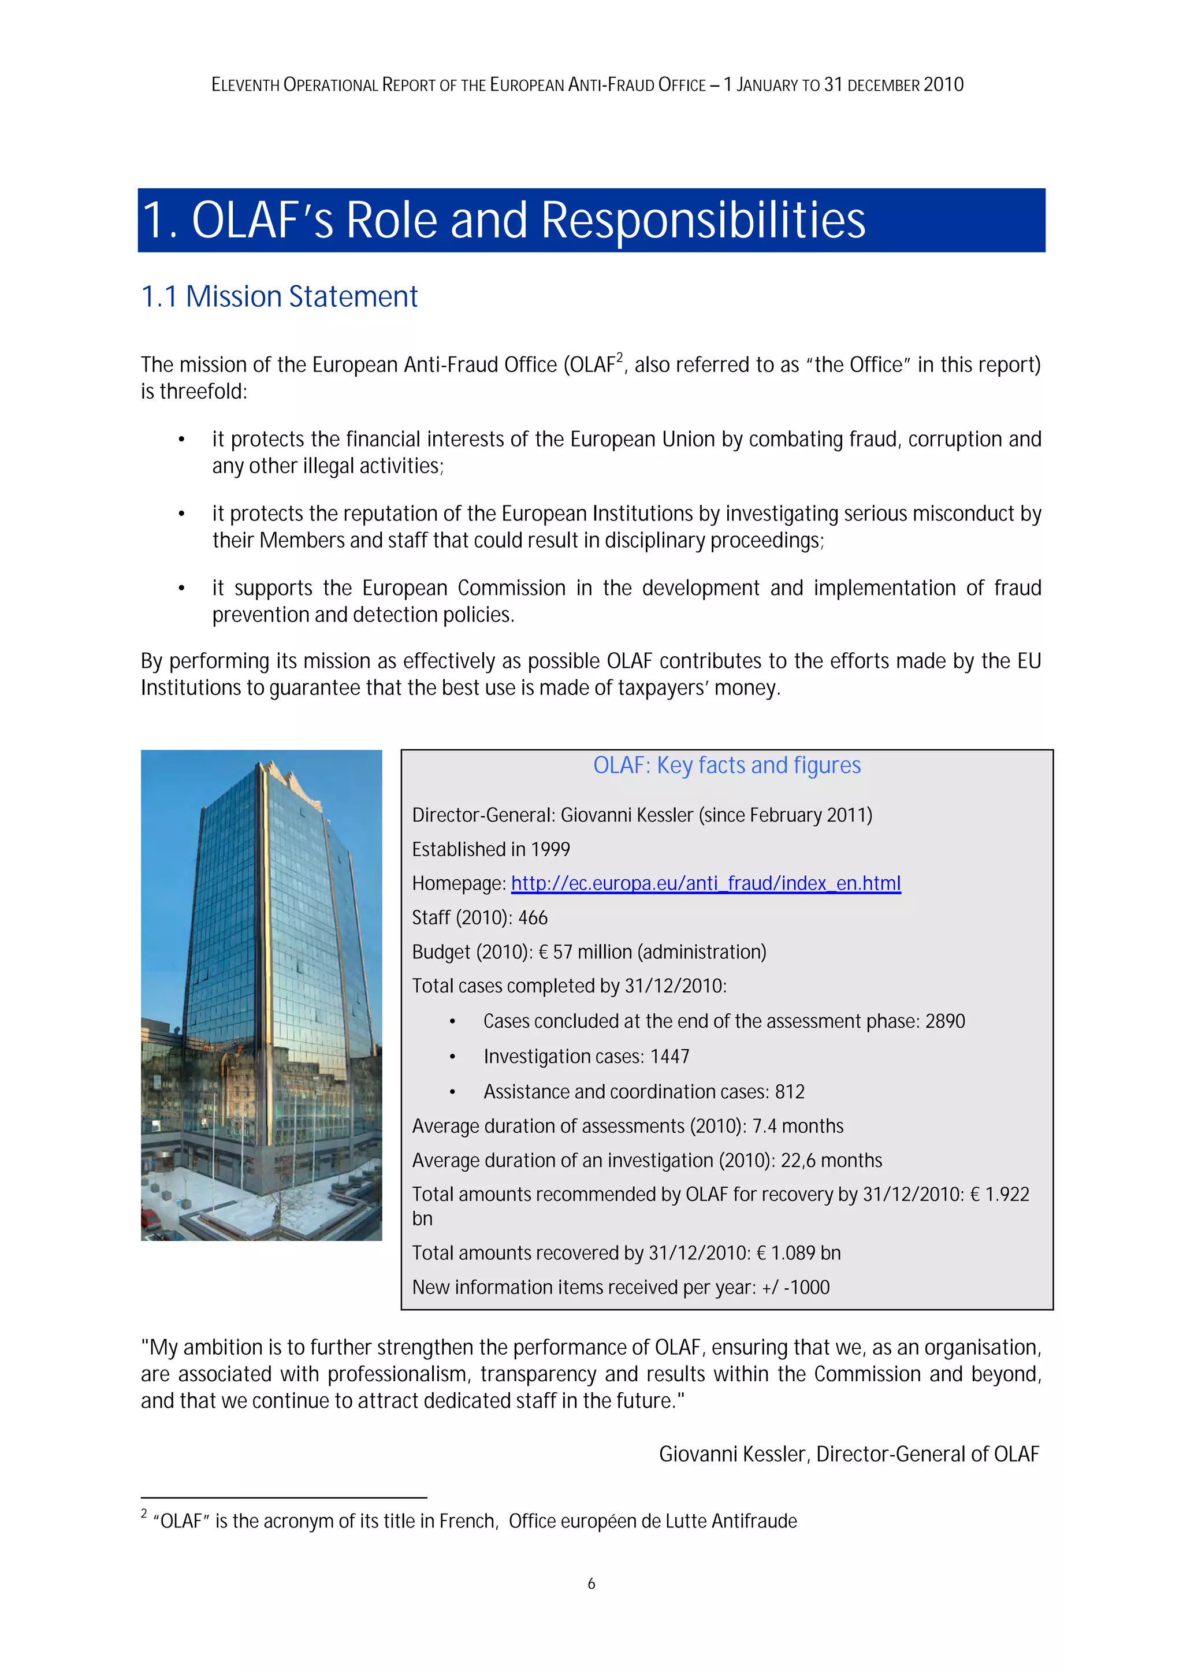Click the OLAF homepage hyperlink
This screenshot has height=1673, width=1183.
coord(705,883)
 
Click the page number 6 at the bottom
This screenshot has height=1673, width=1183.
coord(591,1583)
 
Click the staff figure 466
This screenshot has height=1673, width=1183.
coord(533,917)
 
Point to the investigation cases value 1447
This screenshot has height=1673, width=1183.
coord(669,1056)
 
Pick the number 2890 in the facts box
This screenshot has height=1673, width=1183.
coord(945,1021)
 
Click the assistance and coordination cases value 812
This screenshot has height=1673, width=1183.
coord(790,1091)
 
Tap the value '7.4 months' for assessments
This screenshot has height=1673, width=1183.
coord(798,1126)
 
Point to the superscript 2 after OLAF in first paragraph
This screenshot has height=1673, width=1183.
coord(620,357)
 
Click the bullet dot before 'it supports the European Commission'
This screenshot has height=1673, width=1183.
coord(181,588)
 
